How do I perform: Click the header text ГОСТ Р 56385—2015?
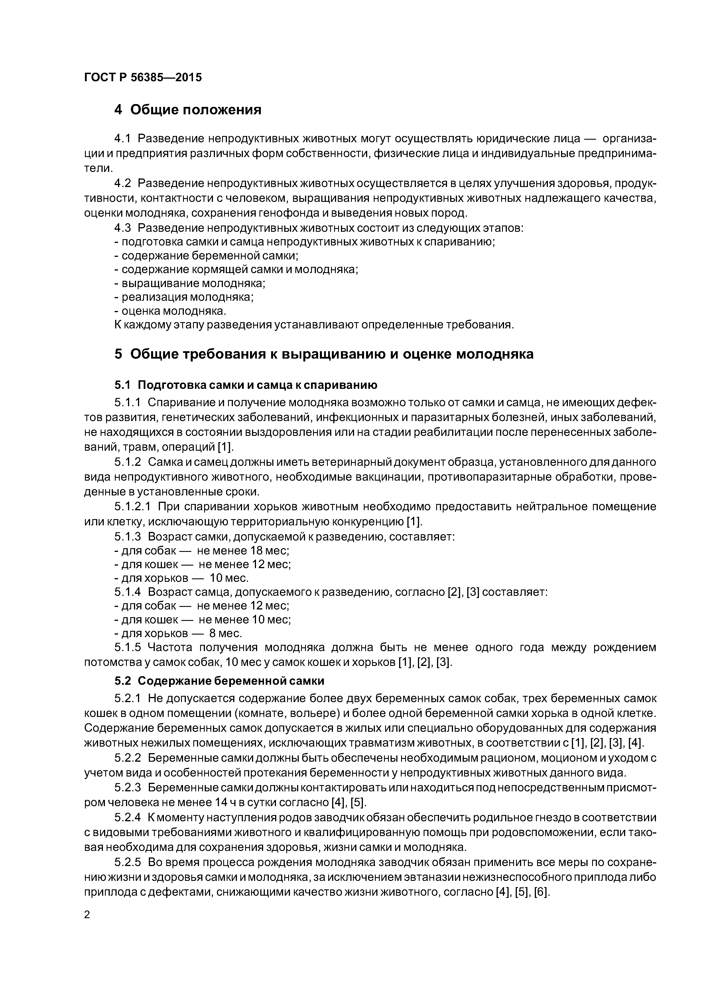pos(143,78)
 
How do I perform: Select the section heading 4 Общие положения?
pos(188,110)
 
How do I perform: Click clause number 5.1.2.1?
pos(133,507)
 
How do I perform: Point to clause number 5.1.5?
pos(128,647)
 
